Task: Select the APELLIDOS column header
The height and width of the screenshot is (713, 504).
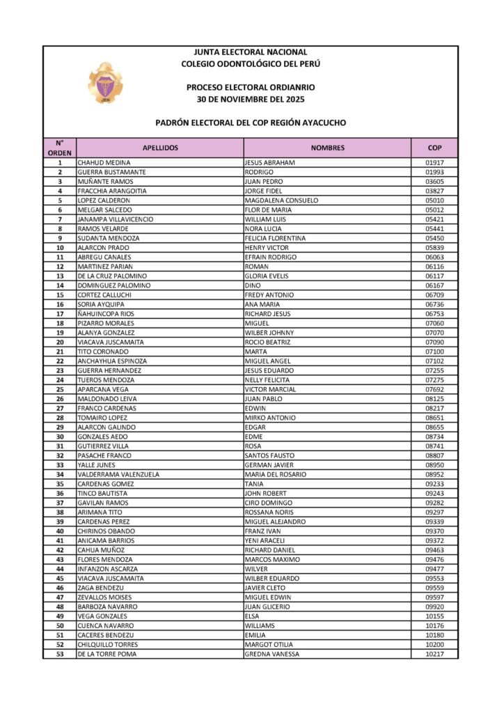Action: click(x=160, y=148)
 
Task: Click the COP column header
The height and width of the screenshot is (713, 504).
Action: click(x=434, y=148)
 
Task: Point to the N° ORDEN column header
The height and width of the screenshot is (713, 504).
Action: click(x=59, y=148)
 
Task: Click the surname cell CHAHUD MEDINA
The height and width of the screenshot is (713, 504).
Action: click(x=104, y=163)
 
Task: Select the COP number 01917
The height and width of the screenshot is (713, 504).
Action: click(x=434, y=163)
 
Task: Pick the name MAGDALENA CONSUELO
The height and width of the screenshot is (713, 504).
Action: click(x=281, y=201)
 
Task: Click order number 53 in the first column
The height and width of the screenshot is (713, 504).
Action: click(x=60, y=654)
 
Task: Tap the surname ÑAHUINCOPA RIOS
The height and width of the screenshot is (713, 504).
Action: click(x=106, y=314)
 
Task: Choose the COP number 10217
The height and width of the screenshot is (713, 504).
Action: click(x=434, y=654)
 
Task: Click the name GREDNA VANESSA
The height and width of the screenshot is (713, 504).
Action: click(x=272, y=654)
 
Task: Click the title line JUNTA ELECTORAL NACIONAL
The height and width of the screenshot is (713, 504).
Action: click(x=251, y=52)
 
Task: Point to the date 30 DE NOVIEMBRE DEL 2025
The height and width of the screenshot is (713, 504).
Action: click(x=251, y=98)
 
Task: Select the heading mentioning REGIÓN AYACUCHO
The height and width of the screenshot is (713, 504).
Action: click(x=251, y=123)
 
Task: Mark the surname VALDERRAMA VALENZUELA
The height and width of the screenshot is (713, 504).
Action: click(x=118, y=474)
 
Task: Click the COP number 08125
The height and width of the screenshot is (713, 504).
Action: click(x=434, y=399)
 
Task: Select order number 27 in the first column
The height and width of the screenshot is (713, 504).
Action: click(x=60, y=408)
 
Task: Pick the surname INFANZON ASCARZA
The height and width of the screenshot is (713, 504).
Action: click(x=108, y=569)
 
